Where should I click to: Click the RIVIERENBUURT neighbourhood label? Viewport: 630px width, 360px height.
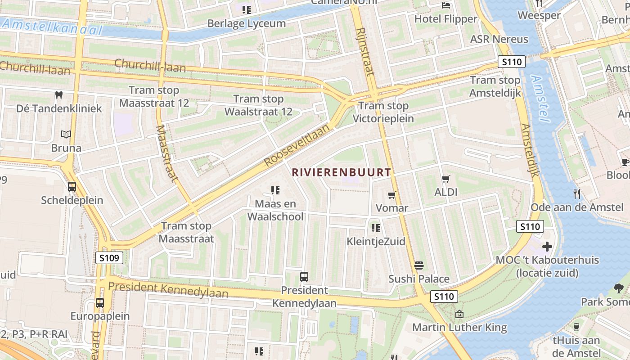coord(341,172)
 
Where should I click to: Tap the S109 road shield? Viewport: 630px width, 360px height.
coord(109,258)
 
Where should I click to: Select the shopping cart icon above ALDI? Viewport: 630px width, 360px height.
coord(446,179)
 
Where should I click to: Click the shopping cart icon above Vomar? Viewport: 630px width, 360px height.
coord(391,195)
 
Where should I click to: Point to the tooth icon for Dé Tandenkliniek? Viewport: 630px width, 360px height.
coord(58,95)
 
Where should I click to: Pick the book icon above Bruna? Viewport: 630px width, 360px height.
coord(66,134)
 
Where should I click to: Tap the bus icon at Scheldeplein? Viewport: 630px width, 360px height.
coord(72,187)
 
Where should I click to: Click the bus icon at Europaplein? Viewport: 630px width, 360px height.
coord(100,303)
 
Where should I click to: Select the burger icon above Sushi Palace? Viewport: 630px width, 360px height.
coord(419,265)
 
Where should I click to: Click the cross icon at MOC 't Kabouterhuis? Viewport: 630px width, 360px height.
coord(547,247)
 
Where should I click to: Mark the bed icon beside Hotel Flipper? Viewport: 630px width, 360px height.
coord(446,5)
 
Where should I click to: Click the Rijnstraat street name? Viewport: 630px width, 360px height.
coord(365,51)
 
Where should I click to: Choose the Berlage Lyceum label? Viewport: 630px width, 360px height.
coord(247,23)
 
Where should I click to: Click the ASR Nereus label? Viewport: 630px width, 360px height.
coord(499,39)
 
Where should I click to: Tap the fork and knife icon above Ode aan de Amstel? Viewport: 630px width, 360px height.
coord(577,194)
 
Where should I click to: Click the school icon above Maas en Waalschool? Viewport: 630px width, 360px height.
coord(275,190)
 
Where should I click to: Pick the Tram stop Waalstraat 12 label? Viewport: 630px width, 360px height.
coord(258,105)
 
